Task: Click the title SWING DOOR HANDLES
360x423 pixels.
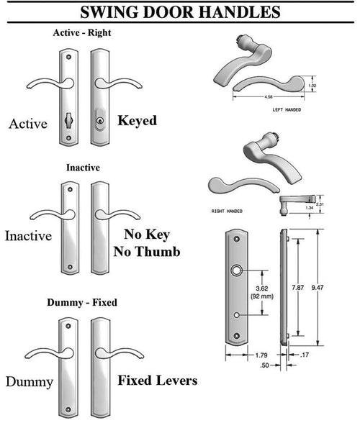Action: pyautogui.click(x=180, y=12)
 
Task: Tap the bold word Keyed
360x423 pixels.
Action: pyautogui.click(x=137, y=120)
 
